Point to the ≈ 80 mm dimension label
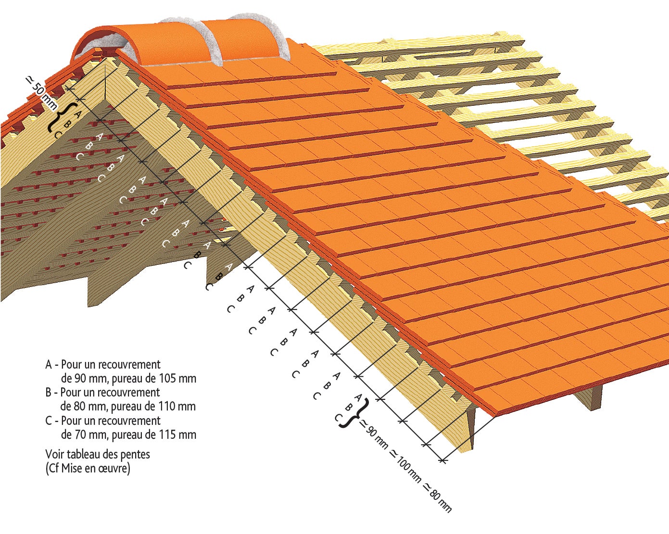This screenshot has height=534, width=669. (437, 498)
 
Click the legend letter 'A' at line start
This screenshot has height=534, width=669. (49, 365)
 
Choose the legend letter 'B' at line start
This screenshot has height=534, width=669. (49, 393)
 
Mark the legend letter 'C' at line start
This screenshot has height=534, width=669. (49, 421)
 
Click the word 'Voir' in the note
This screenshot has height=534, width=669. (54, 454)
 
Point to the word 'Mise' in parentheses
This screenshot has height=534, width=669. (71, 468)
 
